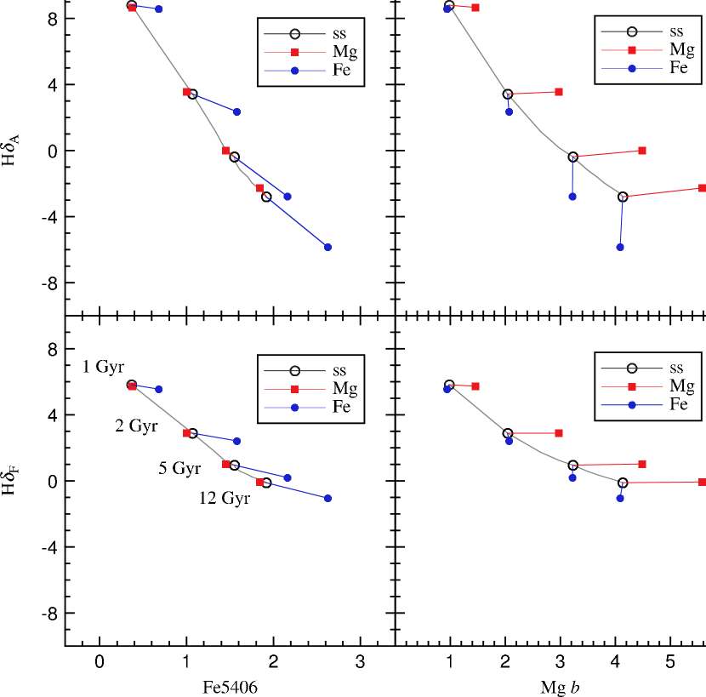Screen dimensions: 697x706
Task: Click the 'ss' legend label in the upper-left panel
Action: click(339, 34)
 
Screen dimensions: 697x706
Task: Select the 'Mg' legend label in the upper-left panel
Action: click(344, 53)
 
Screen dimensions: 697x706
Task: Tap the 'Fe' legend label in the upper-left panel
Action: click(341, 71)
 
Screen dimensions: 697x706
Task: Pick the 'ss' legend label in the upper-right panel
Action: click(676, 31)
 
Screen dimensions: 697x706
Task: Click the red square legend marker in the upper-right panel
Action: click(632, 50)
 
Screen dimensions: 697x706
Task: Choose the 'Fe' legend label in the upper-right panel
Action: click(678, 68)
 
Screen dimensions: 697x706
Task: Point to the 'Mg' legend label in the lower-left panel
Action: click(344, 389)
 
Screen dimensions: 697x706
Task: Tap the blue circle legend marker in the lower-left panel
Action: click(294, 408)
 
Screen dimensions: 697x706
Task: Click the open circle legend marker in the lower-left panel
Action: click(294, 371)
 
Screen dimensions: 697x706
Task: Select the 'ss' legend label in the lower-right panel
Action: click(676, 368)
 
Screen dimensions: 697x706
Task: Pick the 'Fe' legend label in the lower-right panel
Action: click(678, 404)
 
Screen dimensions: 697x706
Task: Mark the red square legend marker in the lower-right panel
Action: click(632, 386)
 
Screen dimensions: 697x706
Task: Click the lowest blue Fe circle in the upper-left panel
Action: click(327, 247)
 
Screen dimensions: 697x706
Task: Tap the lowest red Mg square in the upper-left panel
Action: click(259, 188)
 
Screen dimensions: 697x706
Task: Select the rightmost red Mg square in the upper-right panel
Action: click(702, 187)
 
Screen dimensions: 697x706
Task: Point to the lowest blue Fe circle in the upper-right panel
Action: click(620, 247)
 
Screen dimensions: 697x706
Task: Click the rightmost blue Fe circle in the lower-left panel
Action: click(327, 498)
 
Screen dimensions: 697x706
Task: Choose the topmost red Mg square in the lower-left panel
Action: click(133, 386)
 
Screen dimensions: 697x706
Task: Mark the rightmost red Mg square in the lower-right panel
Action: click(702, 482)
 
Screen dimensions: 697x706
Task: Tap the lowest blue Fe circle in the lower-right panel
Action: click(620, 498)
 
